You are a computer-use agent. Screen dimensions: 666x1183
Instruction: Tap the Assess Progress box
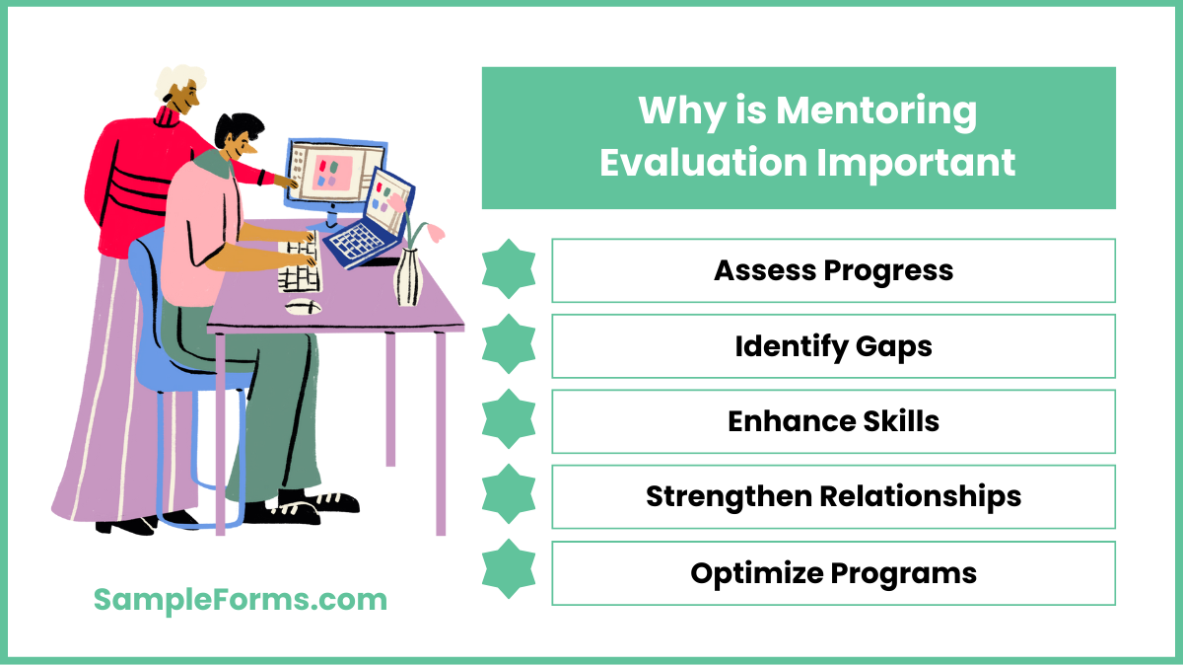pos(833,270)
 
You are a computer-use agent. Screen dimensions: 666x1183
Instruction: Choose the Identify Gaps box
pos(833,346)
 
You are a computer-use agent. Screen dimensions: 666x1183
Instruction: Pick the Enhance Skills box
pos(833,421)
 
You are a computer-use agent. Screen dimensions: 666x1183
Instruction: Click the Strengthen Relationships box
pos(833,496)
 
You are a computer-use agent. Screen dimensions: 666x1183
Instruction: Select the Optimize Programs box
pos(833,572)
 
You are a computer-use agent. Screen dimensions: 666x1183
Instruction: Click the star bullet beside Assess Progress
pos(509,270)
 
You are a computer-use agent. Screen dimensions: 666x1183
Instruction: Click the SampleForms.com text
pos(241,599)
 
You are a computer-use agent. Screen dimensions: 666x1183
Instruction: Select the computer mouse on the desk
pos(303,306)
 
